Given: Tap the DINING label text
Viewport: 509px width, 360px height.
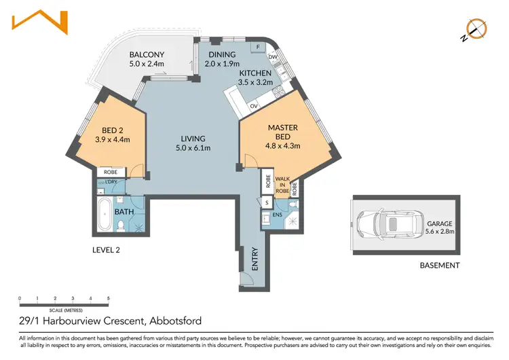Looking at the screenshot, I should tap(222, 54).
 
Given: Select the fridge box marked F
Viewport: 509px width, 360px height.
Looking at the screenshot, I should tap(259, 47).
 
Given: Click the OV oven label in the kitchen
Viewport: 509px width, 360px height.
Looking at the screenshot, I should tap(254, 106).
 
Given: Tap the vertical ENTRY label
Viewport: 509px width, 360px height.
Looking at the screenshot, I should tap(255, 259).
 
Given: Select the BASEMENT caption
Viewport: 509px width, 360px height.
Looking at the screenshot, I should tap(440, 266).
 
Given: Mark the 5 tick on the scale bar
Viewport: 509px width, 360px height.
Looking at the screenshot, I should tap(108, 298).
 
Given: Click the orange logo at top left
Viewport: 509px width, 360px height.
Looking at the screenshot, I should tap(41, 22).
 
